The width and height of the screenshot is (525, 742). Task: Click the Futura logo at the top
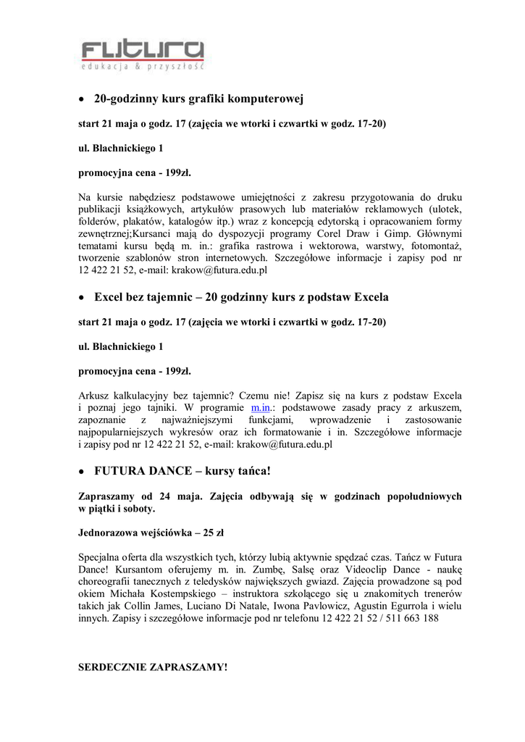(141, 54)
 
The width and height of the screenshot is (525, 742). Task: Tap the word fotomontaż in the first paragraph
(432, 246)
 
